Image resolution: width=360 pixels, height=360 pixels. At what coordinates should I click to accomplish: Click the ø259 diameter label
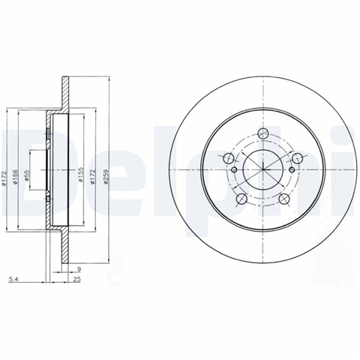(106, 177)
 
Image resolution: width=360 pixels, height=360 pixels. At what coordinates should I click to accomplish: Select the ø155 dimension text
(81, 175)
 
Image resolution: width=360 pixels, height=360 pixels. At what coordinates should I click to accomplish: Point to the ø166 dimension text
(15, 177)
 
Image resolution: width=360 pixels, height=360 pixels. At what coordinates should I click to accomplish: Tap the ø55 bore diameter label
(27, 175)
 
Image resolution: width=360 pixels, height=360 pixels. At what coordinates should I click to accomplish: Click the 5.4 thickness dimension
(13, 279)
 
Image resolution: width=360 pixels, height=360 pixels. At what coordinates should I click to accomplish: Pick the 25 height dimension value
(77, 279)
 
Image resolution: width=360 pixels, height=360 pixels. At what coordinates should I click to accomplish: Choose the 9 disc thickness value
(79, 269)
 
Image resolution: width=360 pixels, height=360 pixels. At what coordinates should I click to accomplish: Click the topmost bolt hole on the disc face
(263, 133)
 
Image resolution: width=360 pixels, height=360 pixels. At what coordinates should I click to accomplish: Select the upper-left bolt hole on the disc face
(228, 157)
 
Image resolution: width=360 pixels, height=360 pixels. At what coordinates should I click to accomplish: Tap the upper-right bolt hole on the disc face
(298, 157)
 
